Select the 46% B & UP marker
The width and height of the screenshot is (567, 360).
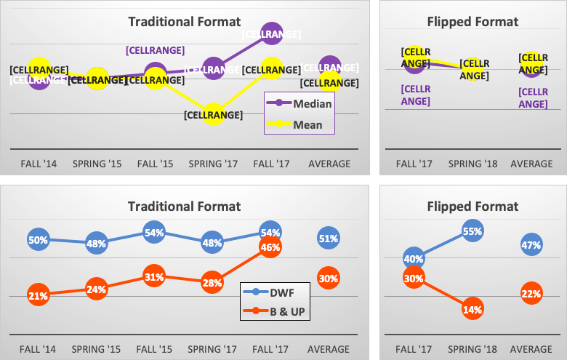(x=270, y=247)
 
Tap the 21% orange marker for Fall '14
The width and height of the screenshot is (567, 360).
(x=39, y=296)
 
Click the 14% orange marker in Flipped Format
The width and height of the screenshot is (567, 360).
(x=472, y=309)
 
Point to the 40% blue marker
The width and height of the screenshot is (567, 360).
(x=414, y=258)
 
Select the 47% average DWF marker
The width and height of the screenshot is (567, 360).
(x=531, y=245)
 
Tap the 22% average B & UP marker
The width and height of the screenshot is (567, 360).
(x=531, y=293)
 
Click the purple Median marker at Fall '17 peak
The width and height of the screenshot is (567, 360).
(x=270, y=34)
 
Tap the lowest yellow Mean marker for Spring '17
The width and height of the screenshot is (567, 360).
(x=212, y=114)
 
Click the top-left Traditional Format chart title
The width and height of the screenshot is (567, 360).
(x=184, y=22)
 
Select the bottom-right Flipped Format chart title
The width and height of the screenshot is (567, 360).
(x=472, y=207)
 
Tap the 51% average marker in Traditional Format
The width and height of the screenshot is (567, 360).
(x=329, y=238)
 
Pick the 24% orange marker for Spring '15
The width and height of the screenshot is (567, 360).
(x=96, y=289)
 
